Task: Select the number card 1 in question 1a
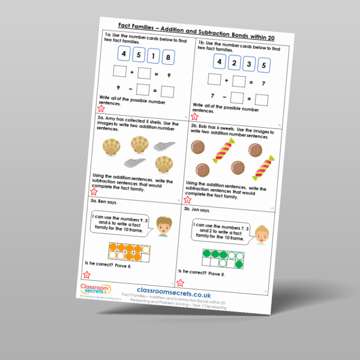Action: [x=154, y=57]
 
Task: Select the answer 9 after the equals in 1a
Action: [x=169, y=76]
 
